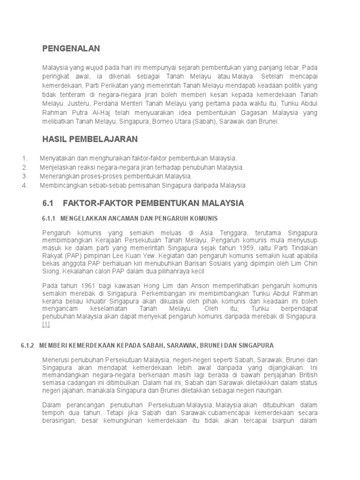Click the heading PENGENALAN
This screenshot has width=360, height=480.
coord(71,48)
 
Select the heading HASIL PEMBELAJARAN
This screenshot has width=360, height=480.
coord(90,139)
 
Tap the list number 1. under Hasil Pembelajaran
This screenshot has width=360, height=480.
coord(25,158)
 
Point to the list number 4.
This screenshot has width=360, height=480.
coord(25,185)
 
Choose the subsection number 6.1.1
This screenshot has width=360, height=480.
coord(49,218)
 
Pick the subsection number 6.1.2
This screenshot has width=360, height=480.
coord(28,346)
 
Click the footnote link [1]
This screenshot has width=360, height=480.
coord(45,324)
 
